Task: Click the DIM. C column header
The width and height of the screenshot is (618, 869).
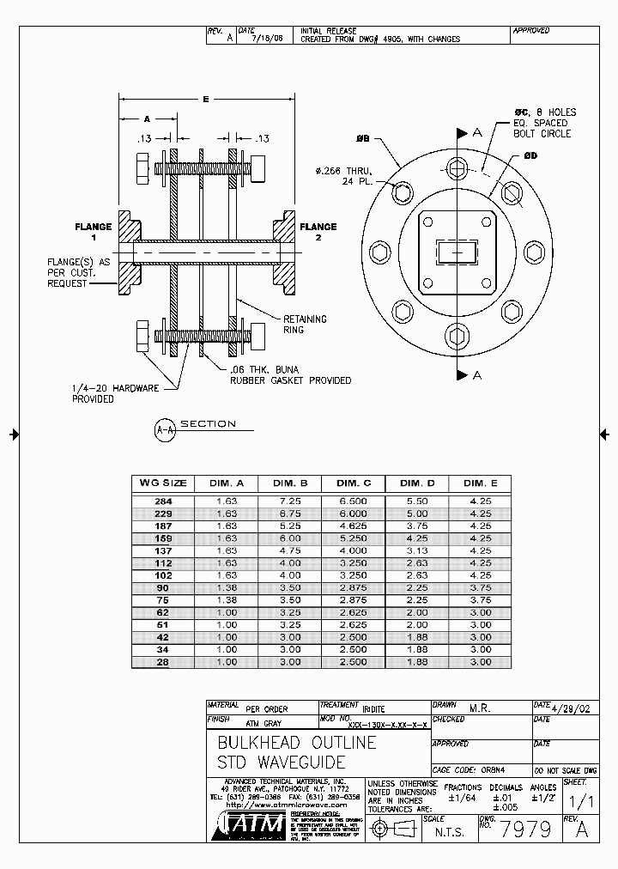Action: click(x=354, y=483)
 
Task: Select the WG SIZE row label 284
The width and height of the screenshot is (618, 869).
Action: click(x=163, y=500)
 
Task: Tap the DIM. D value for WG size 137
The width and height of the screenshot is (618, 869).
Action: click(x=418, y=550)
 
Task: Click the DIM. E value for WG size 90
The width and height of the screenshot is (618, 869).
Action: click(x=482, y=588)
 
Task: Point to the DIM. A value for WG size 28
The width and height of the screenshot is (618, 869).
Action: click(x=227, y=662)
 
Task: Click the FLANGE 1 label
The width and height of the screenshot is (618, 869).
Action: click(x=93, y=233)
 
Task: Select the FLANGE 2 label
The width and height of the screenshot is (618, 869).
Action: click(x=318, y=233)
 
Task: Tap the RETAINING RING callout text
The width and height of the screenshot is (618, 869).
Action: click(x=305, y=325)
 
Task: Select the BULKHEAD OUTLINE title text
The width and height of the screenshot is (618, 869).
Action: click(x=296, y=742)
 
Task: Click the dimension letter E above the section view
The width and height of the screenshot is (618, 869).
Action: click(x=206, y=100)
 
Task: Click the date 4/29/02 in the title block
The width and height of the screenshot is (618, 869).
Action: click(x=573, y=707)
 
